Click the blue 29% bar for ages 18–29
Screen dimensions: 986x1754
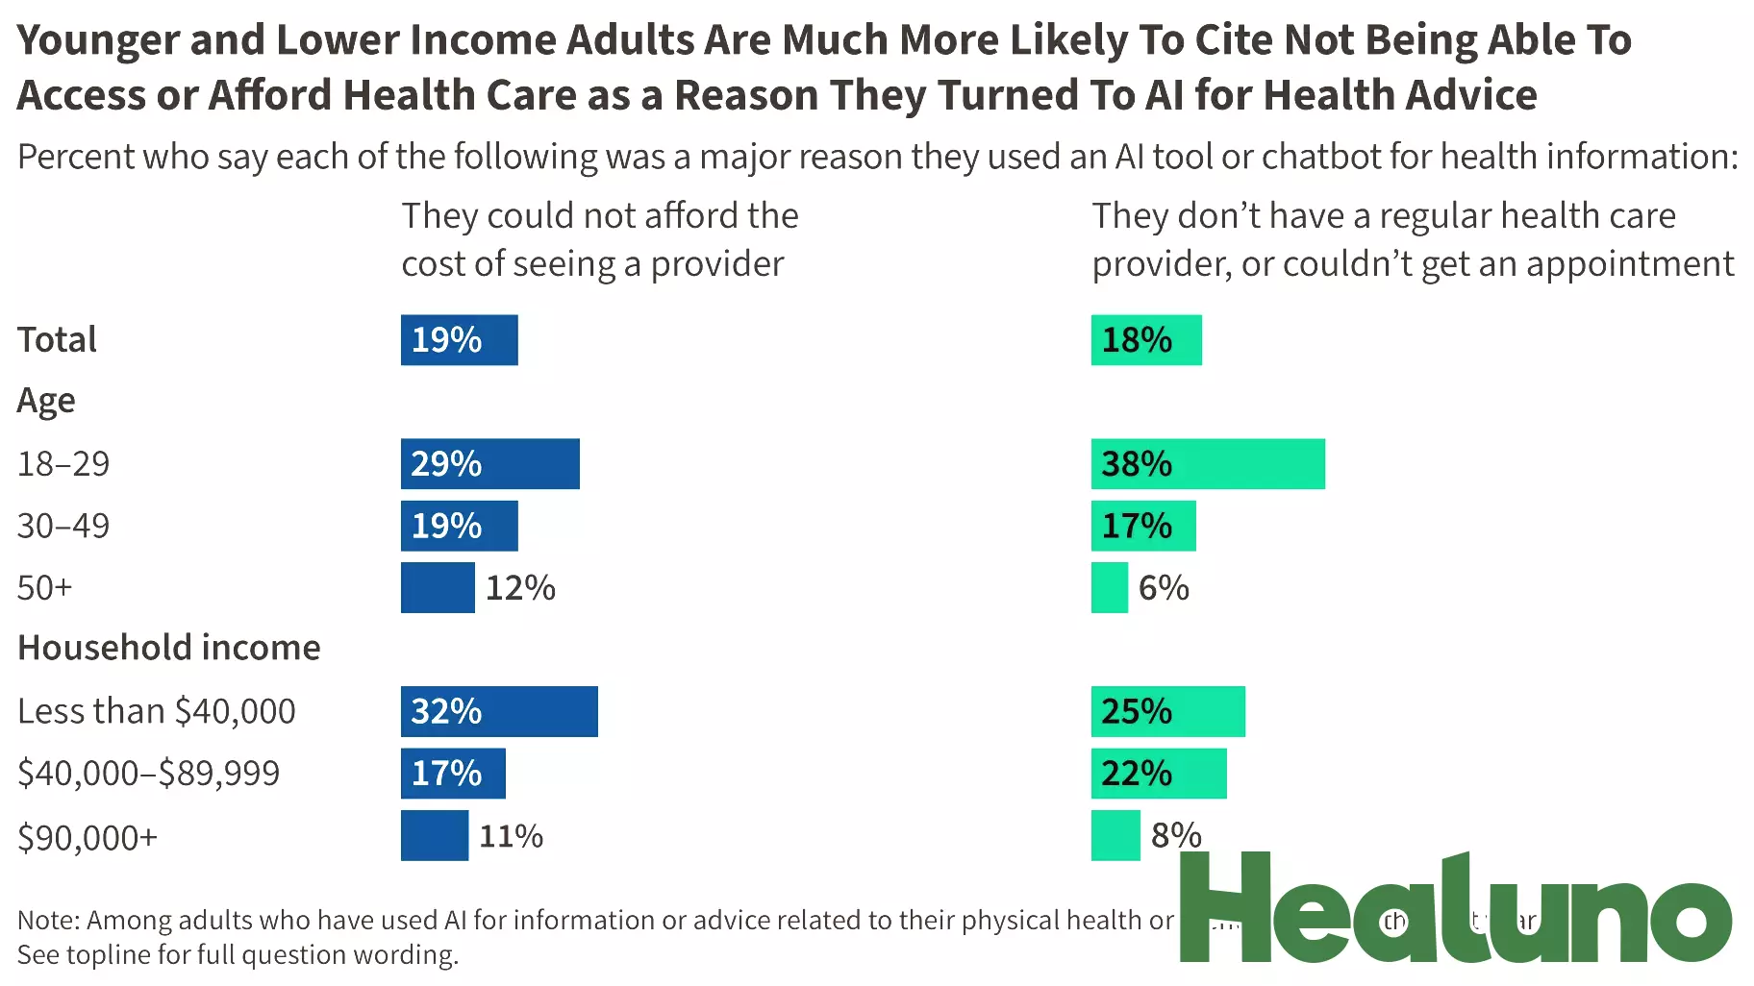click(x=489, y=464)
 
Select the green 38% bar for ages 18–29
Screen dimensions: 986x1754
click(x=1207, y=464)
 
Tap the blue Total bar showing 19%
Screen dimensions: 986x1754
click(x=459, y=340)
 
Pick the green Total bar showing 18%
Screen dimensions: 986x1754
click(x=1145, y=340)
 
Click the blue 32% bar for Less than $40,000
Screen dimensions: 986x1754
click(x=499, y=711)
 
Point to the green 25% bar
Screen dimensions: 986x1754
click(x=1167, y=711)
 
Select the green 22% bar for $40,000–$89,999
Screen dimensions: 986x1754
click(x=1158, y=774)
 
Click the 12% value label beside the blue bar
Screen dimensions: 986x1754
click(x=520, y=588)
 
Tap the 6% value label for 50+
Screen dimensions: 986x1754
click(x=1164, y=588)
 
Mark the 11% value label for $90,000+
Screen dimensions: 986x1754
click(x=511, y=836)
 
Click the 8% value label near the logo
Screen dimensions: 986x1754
click(x=1176, y=835)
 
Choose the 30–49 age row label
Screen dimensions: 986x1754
click(x=63, y=526)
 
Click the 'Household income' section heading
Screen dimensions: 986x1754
click(x=169, y=648)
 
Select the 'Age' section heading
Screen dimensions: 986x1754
click(x=46, y=401)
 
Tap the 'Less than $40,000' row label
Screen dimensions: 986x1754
click(x=157, y=711)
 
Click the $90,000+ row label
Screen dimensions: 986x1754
click(x=88, y=837)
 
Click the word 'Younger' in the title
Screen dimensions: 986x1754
click(x=98, y=40)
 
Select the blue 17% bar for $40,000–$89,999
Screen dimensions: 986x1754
click(x=453, y=774)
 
